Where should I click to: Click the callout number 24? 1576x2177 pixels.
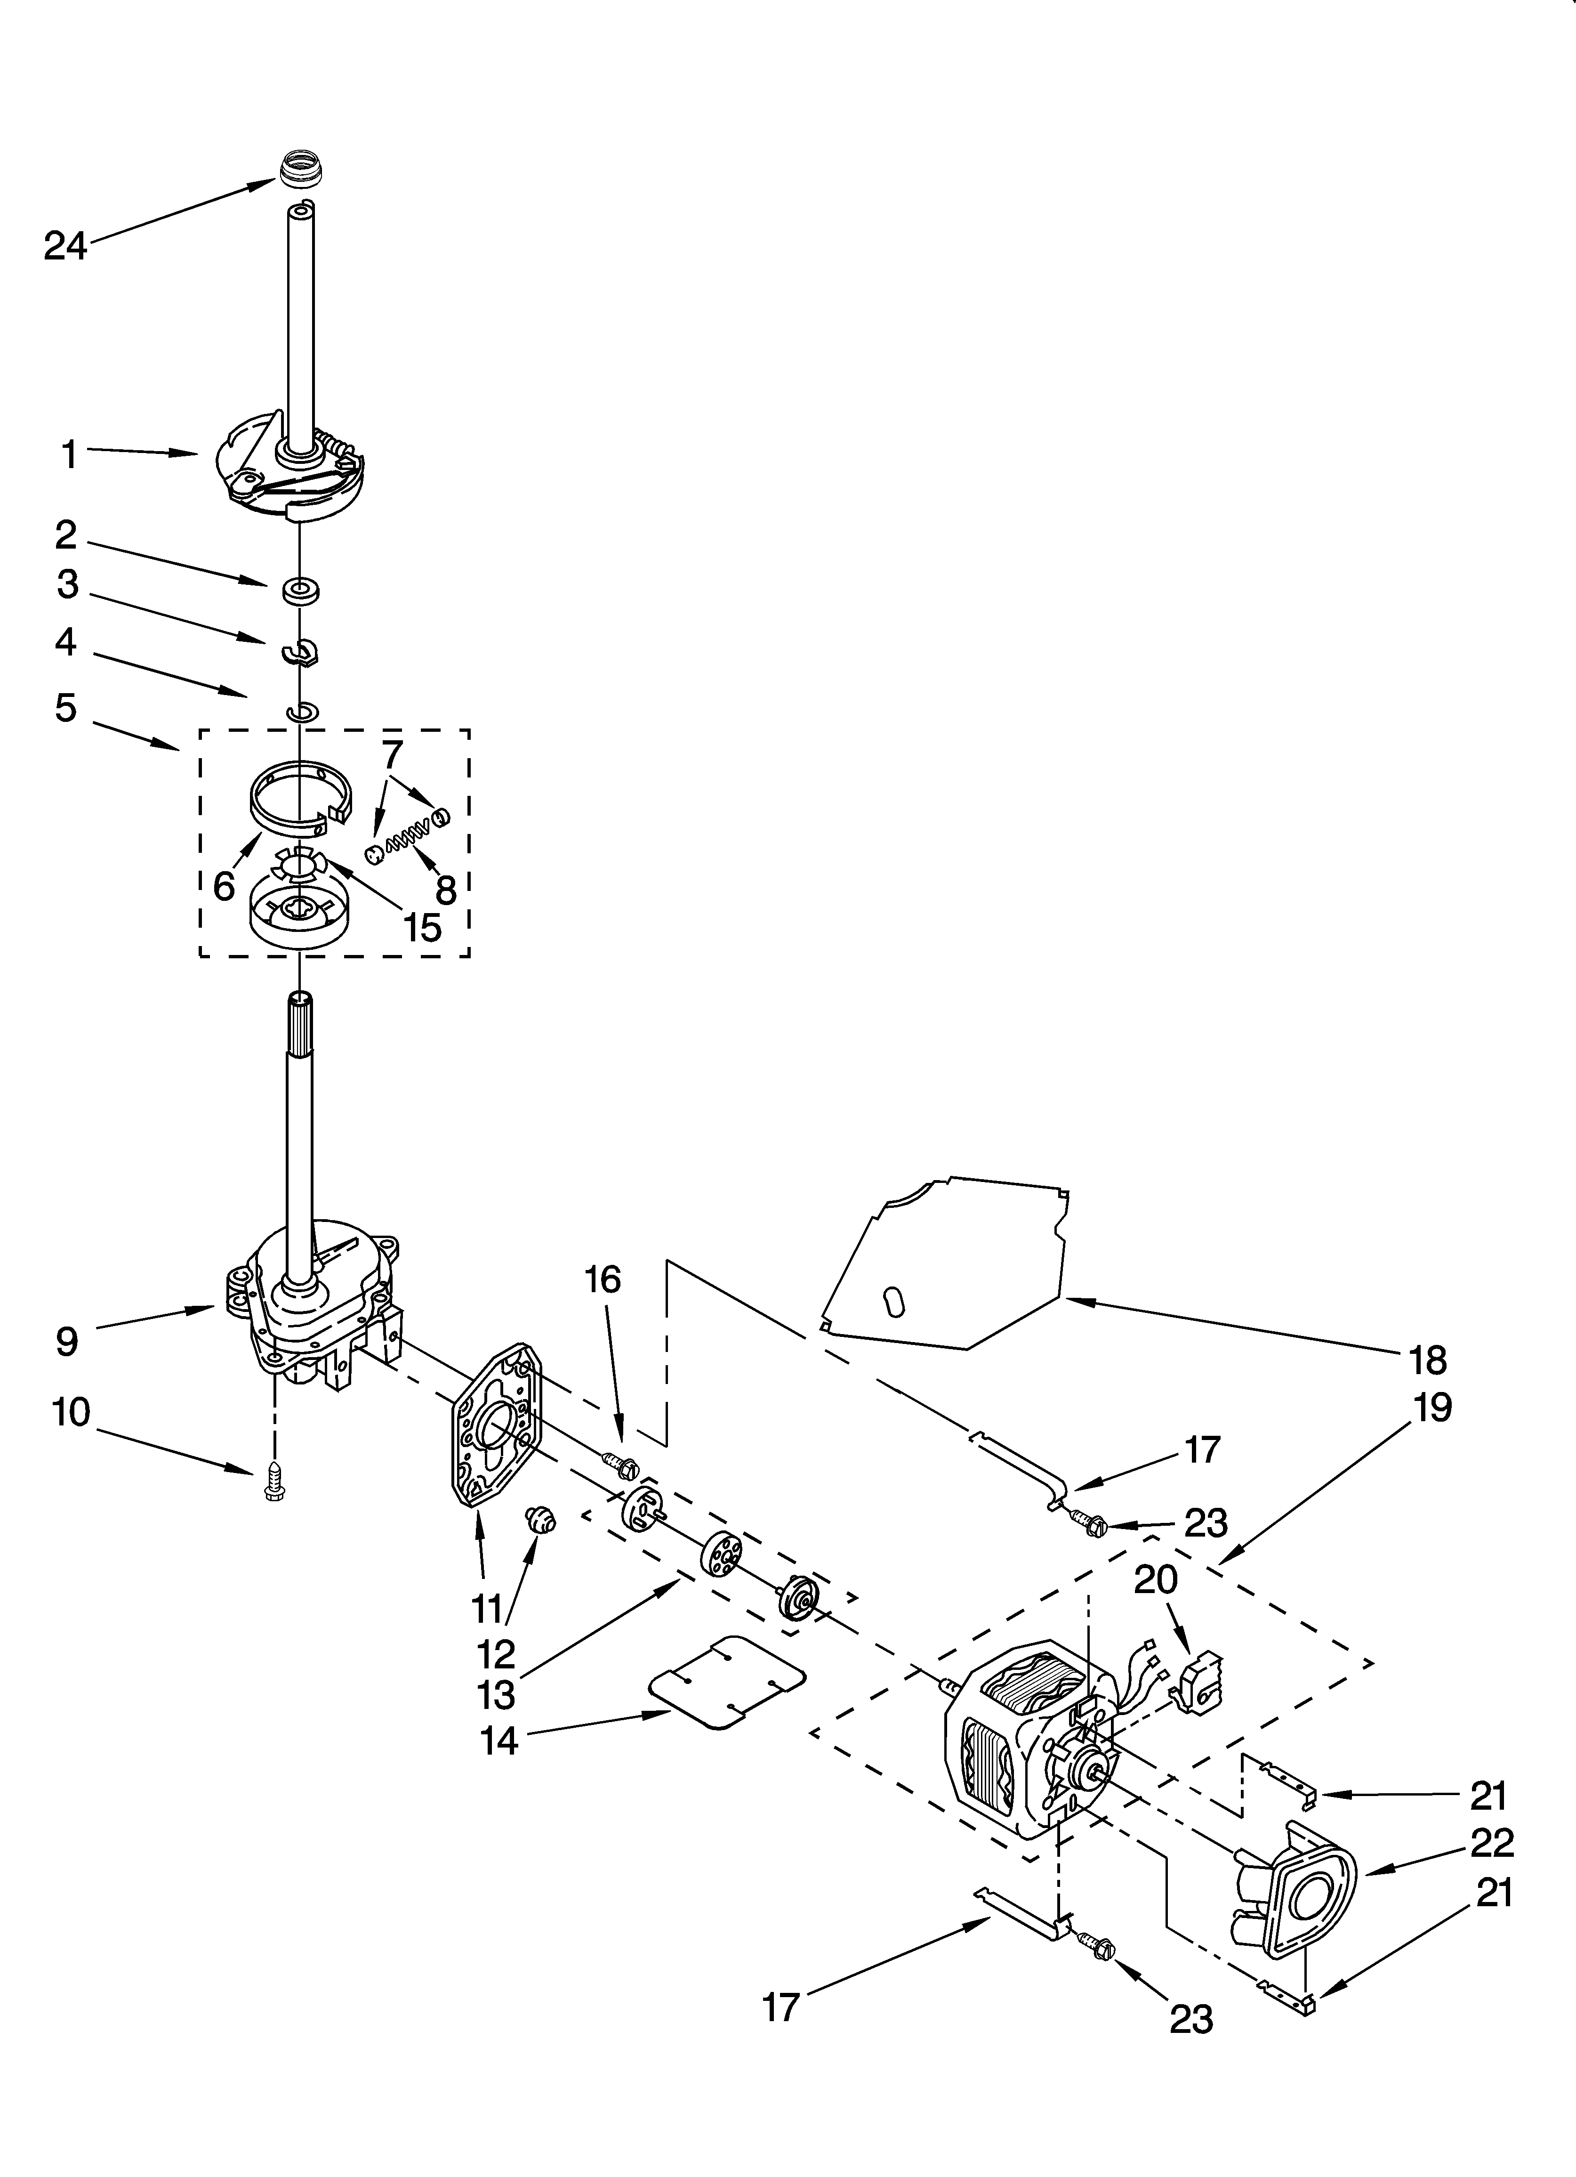pyautogui.click(x=65, y=247)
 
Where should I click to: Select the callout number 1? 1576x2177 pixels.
pyautogui.click(x=69, y=454)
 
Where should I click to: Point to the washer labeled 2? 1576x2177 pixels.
pyautogui.click(x=301, y=589)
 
